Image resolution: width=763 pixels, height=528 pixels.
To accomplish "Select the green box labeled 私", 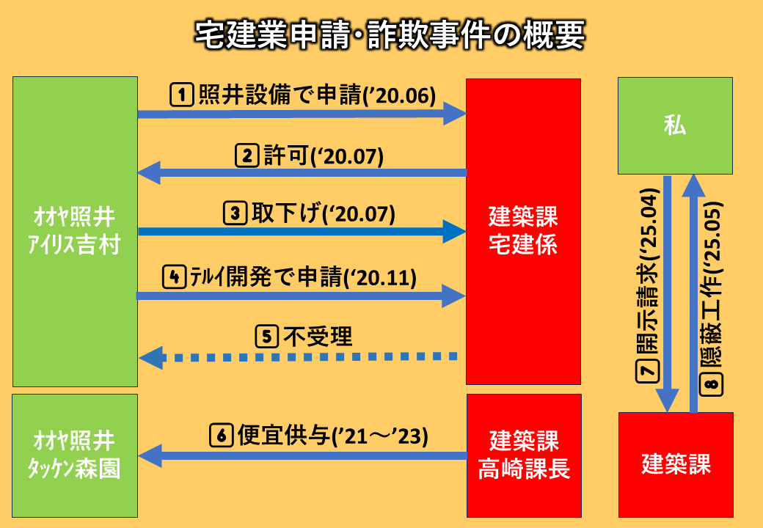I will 675,125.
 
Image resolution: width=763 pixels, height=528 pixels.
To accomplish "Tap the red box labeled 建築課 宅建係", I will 523,231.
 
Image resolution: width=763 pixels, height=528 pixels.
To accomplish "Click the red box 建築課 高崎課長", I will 523,455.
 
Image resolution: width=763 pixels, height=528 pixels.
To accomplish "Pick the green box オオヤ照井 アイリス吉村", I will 76,231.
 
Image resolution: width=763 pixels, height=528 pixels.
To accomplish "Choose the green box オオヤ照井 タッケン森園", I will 76,455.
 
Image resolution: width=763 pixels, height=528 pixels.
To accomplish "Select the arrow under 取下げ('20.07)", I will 302,232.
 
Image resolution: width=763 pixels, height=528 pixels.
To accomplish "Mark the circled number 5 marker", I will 266,337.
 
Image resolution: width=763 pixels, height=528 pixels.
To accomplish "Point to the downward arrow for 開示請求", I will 667,293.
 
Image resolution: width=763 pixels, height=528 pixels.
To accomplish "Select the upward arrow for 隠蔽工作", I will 693,293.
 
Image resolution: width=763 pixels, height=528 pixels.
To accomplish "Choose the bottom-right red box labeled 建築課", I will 675,464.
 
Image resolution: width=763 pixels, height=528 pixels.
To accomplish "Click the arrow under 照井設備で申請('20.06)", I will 302,114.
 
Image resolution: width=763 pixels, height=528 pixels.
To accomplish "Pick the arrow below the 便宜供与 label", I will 302,456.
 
